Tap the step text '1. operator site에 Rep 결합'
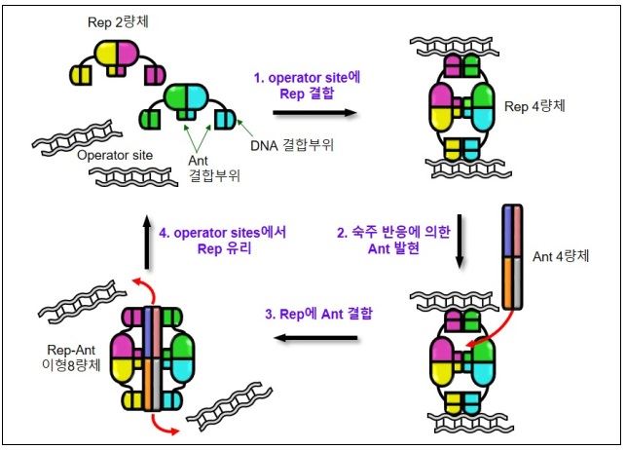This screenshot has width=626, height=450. point(321,83)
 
